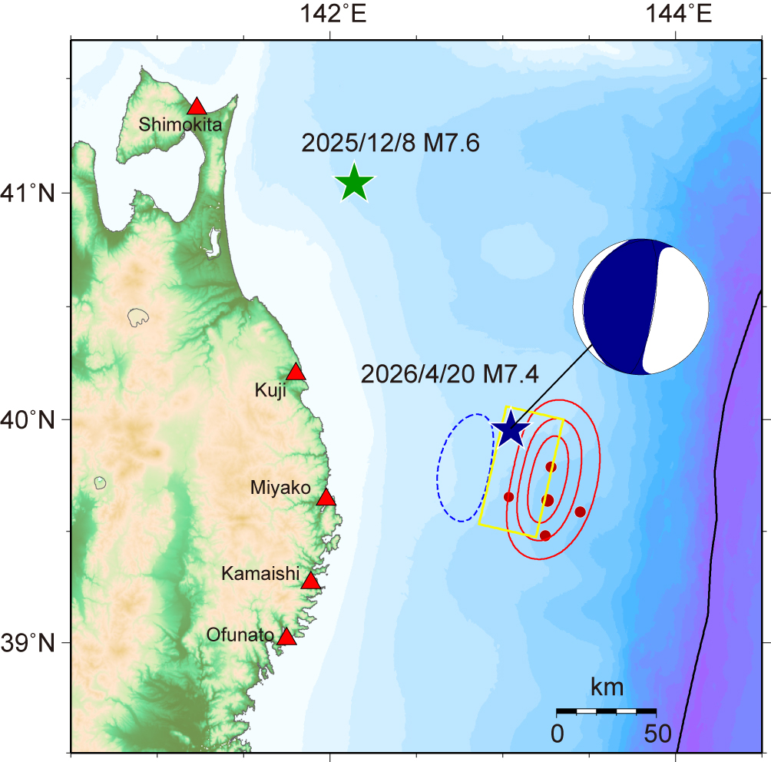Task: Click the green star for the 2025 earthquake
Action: click(354, 183)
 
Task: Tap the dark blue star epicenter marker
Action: click(511, 429)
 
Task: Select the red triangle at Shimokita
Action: click(197, 107)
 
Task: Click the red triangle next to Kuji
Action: click(296, 373)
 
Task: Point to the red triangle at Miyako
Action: click(326, 498)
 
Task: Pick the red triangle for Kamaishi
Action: click(310, 581)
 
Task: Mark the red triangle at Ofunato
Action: click(286, 637)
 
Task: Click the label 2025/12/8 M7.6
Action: click(390, 143)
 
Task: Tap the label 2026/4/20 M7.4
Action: click(449, 374)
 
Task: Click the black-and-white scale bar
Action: click(606, 711)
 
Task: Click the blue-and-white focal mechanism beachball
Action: click(640, 306)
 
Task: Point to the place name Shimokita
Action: click(180, 124)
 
